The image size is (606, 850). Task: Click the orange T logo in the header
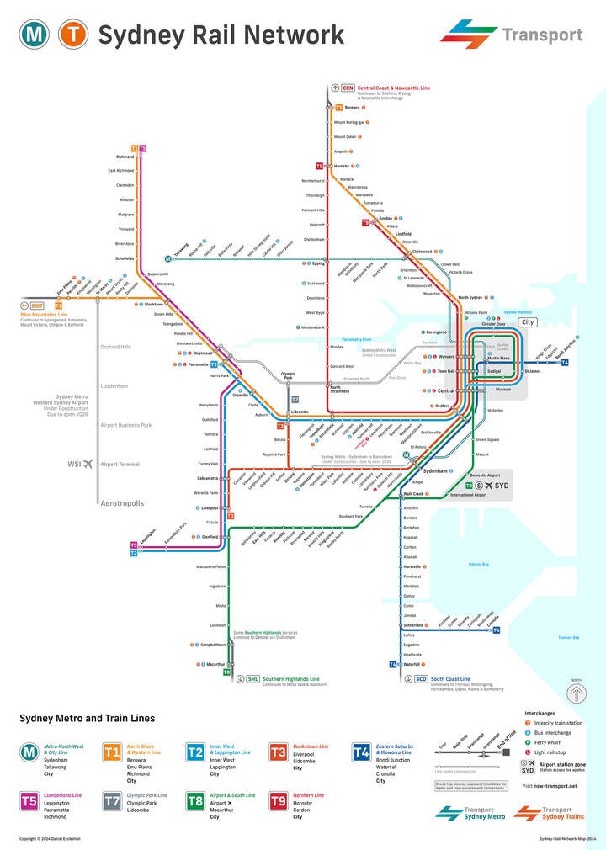pyautogui.click(x=72, y=35)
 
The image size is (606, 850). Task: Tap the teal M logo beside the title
pyautogui.click(x=35, y=35)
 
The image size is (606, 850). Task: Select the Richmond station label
pyautogui.click(x=125, y=157)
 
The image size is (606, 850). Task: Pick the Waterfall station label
pyautogui.click(x=412, y=664)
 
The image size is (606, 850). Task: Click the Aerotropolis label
pyautogui.click(x=122, y=503)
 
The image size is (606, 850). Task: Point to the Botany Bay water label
pyautogui.click(x=479, y=564)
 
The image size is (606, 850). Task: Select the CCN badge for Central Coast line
pyautogui.click(x=347, y=88)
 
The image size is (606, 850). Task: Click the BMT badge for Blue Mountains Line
pyautogui.click(x=37, y=305)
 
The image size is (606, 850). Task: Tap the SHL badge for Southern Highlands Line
pyautogui.click(x=252, y=678)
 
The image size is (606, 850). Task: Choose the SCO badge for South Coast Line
pyautogui.click(x=421, y=678)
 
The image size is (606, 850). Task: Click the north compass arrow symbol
pyautogui.click(x=576, y=693)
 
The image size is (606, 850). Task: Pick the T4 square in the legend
pyautogui.click(x=361, y=752)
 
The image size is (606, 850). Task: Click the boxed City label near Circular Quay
pyautogui.click(x=528, y=322)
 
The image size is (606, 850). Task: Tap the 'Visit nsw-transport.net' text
pyautogui.click(x=549, y=786)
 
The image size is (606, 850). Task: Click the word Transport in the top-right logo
pyautogui.click(x=542, y=35)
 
